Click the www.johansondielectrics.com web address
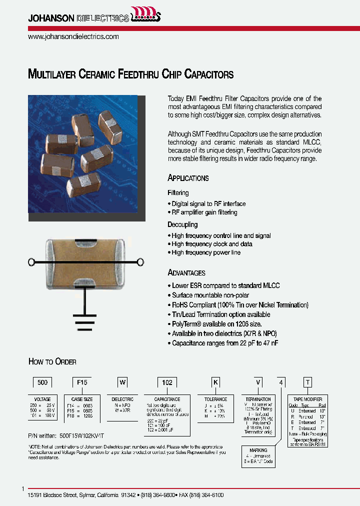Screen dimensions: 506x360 [73, 36]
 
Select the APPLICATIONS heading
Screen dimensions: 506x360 [188, 178]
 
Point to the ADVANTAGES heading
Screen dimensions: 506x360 [186, 273]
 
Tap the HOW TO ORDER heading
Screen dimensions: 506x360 [52, 362]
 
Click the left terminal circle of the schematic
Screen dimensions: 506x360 [31, 261]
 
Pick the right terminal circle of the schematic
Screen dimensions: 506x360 [140, 261]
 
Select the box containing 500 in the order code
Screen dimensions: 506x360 [42, 382]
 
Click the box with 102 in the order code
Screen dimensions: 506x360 [166, 382]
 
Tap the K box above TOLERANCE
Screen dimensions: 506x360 [216, 382]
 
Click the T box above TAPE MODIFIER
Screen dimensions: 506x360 [308, 382]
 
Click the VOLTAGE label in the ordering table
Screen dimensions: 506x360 [42, 399]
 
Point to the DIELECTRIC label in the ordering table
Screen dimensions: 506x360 [122, 399]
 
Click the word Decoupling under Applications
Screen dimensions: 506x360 [182, 224]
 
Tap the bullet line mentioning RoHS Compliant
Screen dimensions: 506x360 [240, 305]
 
